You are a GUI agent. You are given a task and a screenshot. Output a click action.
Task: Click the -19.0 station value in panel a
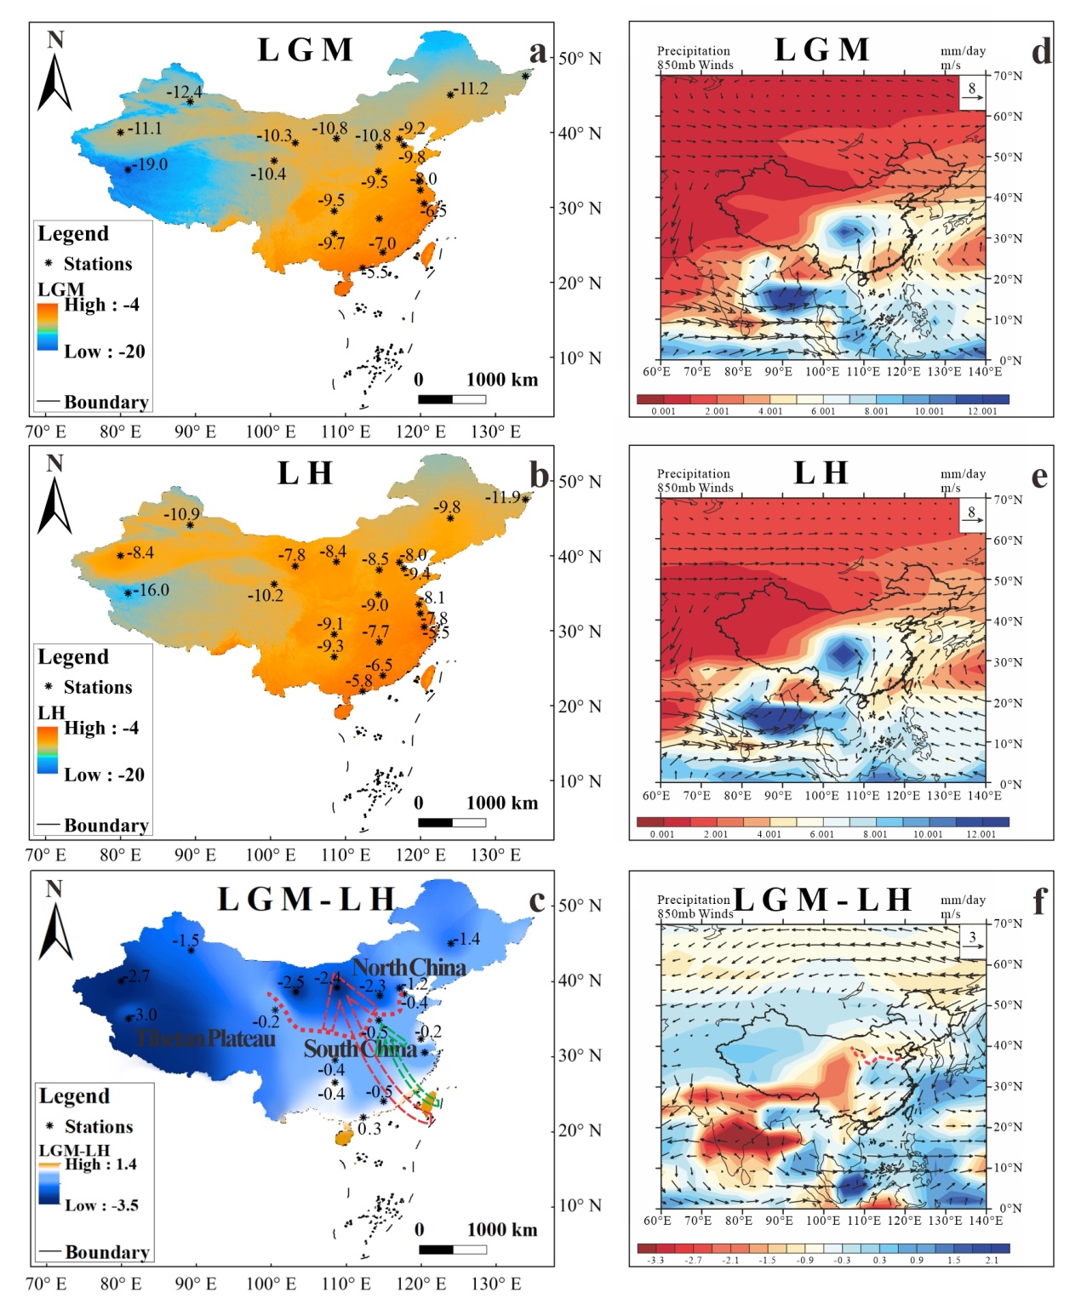click(151, 164)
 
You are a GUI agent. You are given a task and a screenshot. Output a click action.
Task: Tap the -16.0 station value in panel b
click(152, 590)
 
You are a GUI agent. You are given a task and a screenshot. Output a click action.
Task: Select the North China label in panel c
click(409, 967)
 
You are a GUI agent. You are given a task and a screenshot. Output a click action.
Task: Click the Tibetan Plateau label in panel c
click(206, 1038)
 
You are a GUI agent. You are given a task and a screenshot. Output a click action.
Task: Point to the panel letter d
click(1040, 52)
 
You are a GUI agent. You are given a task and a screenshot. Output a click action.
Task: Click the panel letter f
click(1038, 901)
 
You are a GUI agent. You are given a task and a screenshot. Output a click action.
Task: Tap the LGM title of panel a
click(305, 50)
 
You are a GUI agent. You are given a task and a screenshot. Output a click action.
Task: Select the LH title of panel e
click(821, 472)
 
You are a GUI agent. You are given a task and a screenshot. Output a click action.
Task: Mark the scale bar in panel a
click(451, 399)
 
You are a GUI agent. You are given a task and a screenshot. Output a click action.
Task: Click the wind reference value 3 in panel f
click(972, 937)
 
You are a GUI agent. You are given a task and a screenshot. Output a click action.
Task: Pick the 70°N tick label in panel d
click(1007, 76)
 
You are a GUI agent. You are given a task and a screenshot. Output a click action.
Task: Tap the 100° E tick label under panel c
click(271, 1283)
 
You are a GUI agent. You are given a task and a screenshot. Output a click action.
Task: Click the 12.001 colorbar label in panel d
click(982, 411)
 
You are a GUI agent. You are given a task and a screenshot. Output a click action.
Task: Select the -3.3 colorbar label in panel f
click(655, 1260)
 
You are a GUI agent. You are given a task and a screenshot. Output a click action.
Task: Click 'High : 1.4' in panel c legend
click(100, 1164)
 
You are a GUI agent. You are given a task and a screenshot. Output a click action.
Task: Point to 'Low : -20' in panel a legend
click(104, 352)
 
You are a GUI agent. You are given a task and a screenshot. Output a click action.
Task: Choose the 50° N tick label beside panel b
click(580, 482)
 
